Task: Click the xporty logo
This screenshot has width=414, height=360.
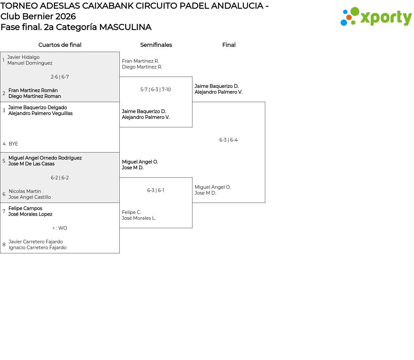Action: pos(376,17)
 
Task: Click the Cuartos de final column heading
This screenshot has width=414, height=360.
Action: pos(60,45)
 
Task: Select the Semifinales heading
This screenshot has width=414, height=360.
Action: pos(156,45)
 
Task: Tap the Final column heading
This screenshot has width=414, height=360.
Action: pos(229,45)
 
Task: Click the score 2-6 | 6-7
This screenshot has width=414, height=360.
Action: pos(60,77)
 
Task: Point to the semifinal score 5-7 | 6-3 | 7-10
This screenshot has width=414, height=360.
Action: pos(156,90)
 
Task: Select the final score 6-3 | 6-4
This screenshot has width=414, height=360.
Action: pos(228,140)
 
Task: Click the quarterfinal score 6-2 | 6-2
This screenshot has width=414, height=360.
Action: pos(60,178)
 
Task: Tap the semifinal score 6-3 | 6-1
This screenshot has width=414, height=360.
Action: pos(156,190)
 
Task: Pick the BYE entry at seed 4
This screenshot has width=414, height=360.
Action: pos(13,144)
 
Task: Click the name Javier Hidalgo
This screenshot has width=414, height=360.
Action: pos(23,57)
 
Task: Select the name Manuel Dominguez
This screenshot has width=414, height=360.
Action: pos(30,63)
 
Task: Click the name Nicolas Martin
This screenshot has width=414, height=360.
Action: pos(25,191)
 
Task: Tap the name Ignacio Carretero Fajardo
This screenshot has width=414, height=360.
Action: pos(38,248)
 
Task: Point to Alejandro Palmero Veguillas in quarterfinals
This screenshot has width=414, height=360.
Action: pos(40,113)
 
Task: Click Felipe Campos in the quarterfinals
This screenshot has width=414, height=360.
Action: pos(25,208)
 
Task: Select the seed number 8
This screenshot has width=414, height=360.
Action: pos(4,245)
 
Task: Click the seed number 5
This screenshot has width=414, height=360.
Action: pos(4,161)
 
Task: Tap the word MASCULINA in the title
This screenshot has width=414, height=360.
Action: pos(125,27)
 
